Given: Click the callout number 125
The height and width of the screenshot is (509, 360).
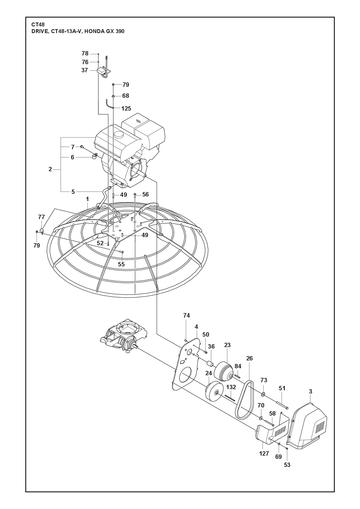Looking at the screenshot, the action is [126, 108].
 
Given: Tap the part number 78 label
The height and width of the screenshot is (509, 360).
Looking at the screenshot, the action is [85, 53].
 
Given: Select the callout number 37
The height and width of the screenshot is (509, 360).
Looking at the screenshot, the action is [85, 70].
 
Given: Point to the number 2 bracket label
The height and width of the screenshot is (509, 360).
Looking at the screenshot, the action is [50, 169].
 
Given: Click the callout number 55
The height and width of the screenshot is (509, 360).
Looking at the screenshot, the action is [121, 264].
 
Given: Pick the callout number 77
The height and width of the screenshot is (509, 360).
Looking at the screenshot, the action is [41, 217].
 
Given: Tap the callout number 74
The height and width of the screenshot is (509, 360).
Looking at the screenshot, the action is [187, 315].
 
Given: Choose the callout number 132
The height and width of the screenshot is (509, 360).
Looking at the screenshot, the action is [231, 387].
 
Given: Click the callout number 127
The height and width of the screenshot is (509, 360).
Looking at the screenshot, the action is [264, 453].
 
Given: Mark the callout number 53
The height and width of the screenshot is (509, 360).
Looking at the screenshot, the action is [287, 465].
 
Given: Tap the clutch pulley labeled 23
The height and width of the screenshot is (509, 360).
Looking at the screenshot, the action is [223, 371].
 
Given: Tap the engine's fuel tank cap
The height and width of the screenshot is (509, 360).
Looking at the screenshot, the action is [118, 135].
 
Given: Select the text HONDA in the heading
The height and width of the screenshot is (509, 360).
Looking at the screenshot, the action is [95, 31].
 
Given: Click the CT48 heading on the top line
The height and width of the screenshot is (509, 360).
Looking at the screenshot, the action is [36, 25].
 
